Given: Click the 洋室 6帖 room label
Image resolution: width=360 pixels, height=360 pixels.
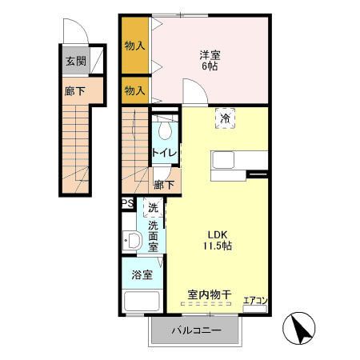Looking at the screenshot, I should tap(209, 60).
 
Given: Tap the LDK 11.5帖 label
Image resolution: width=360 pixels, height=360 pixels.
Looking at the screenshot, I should tap(215, 240).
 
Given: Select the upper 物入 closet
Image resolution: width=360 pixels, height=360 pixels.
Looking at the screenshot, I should tap(134, 46).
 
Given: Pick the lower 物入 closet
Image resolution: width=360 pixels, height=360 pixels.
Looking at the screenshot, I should tap(134, 90).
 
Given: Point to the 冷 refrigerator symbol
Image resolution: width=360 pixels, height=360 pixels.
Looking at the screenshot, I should tap(226, 118).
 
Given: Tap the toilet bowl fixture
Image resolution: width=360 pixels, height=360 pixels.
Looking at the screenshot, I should tap(165, 128).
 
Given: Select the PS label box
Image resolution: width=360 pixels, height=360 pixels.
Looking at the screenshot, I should tap(126, 204).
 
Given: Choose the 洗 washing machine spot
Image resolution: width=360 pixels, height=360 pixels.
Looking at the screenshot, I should tap(151, 209).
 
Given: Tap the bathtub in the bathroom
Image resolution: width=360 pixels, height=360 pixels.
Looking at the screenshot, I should tap(143, 302).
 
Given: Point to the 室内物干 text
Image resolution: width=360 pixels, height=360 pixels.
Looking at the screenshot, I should tap(209, 295).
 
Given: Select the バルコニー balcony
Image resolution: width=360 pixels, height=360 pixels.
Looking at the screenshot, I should tap(194, 330).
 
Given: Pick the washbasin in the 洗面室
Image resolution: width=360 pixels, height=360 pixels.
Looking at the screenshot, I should tap(132, 240).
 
